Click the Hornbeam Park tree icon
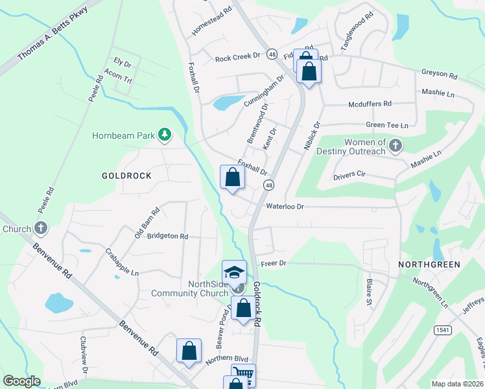165,134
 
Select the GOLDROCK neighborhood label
126,176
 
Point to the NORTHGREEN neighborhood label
429,265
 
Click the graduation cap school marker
234,272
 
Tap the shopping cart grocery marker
243,374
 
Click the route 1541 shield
443,330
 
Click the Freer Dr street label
274,264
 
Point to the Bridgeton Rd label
167,237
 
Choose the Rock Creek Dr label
237,58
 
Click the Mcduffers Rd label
370,103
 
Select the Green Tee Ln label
388,125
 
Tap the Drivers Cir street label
349,176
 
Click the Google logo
21,381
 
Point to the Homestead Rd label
212,22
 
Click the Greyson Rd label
439,73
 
